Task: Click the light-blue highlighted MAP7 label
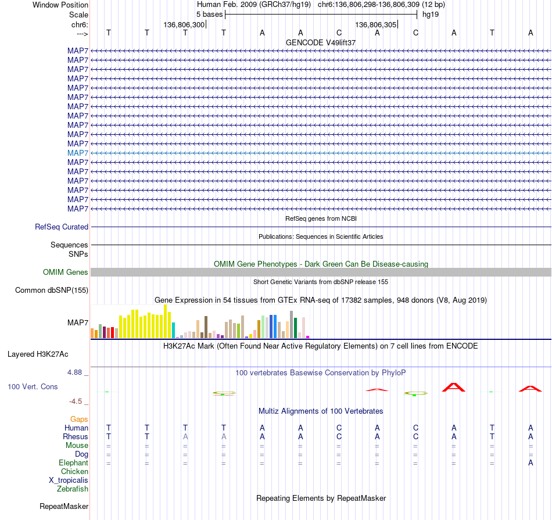pyautogui.click(x=78, y=153)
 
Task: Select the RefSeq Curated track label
pyautogui.click(x=62, y=227)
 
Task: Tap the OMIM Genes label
pyautogui.click(x=66, y=272)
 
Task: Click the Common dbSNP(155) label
pyautogui.click(x=52, y=291)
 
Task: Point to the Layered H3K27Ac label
pyautogui.click(x=38, y=354)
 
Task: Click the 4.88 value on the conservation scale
pyautogui.click(x=74, y=372)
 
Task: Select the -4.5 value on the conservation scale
pyautogui.click(x=76, y=401)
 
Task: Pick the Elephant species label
pyautogui.click(x=74, y=463)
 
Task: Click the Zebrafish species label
pyautogui.click(x=73, y=489)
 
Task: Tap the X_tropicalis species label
pyautogui.click(x=69, y=480)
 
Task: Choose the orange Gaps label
pyautogui.click(x=79, y=419)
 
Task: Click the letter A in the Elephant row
pyautogui.click(x=531, y=463)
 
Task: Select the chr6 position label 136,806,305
pyautogui.click(x=375, y=24)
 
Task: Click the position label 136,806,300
pyautogui.click(x=184, y=24)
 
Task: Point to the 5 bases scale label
pyautogui.click(x=209, y=15)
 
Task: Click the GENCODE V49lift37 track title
pyautogui.click(x=321, y=42)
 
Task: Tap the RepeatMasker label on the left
pyautogui.click(x=64, y=507)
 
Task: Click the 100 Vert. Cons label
pyautogui.click(x=33, y=386)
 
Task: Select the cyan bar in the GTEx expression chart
pyautogui.click(x=173, y=330)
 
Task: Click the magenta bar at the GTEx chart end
pyautogui.click(x=308, y=337)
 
